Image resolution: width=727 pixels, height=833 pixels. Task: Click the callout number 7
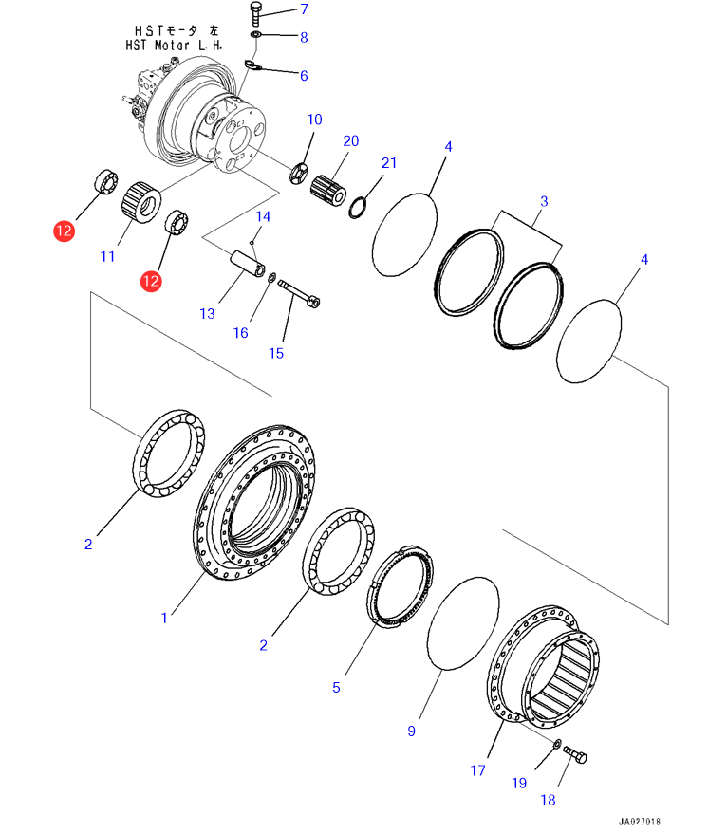pos(305,9)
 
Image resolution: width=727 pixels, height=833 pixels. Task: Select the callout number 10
pos(314,120)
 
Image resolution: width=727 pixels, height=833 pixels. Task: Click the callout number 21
pos(388,162)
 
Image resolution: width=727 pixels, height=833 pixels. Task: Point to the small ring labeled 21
pos(358,206)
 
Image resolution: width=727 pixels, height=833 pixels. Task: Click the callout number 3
pos(544,201)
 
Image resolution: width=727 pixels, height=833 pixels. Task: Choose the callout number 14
pos(263,217)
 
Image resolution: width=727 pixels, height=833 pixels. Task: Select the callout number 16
pos(240,332)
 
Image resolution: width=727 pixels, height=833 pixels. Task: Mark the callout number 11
pos(107,256)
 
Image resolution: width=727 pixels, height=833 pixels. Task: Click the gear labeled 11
pos(140,200)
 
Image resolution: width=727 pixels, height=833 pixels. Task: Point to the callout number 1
pos(164,618)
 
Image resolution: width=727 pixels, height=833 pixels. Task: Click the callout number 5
pos(335,687)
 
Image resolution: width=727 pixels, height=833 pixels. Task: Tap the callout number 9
pos(411,731)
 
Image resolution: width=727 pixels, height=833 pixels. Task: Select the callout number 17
pos(477,770)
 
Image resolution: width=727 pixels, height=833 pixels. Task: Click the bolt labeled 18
pos(574,756)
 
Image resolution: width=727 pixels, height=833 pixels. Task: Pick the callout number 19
pos(518,783)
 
